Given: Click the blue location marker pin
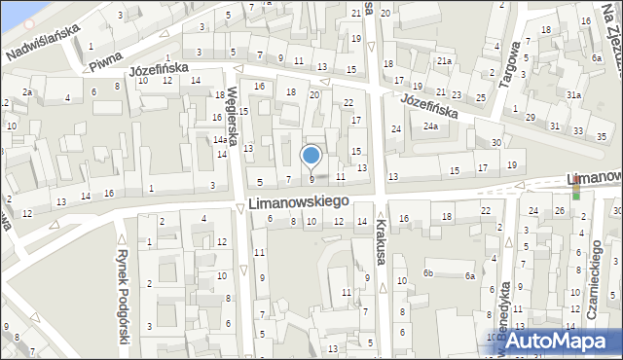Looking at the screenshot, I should pyautogui.click(x=311, y=156).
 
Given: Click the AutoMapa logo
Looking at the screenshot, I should pyautogui.click(x=560, y=341).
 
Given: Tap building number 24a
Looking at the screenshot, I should pyautogui.click(x=429, y=126).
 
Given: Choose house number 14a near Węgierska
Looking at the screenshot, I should pyautogui.click(x=220, y=140).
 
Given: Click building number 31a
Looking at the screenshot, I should pyautogui.click(x=574, y=94).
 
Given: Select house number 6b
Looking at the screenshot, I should pyautogui.click(x=427, y=273).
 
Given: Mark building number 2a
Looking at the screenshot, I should pyautogui.click(x=29, y=92).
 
